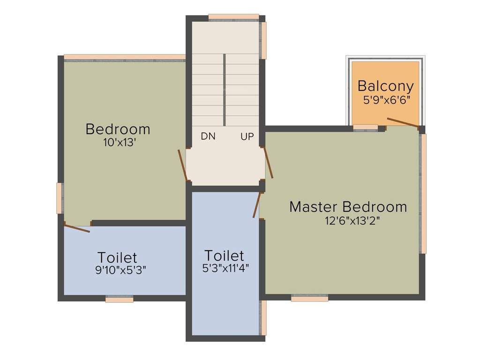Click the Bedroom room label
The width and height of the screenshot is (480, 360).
[x=118, y=129]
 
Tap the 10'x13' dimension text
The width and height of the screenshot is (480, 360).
[x=120, y=142]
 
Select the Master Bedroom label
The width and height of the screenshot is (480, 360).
[x=348, y=207]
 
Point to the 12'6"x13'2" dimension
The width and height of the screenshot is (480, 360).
[x=352, y=221]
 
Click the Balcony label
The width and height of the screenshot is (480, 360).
[x=385, y=86]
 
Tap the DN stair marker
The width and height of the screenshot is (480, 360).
[x=208, y=136]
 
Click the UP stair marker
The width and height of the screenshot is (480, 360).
[x=247, y=136]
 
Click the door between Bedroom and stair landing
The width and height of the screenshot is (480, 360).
[x=183, y=165]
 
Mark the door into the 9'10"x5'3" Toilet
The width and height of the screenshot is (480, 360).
[x=77, y=228]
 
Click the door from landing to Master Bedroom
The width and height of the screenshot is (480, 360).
[x=269, y=163]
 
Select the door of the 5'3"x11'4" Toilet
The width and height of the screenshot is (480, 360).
[x=256, y=205]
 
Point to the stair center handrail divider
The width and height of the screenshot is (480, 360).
[x=225, y=90]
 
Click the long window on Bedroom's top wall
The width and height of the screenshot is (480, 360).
[x=125, y=57]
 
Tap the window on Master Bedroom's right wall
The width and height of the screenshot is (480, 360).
[x=423, y=193]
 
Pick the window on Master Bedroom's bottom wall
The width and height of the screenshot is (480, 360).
[x=309, y=298]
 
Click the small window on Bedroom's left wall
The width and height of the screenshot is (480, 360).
[x=60, y=198]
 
